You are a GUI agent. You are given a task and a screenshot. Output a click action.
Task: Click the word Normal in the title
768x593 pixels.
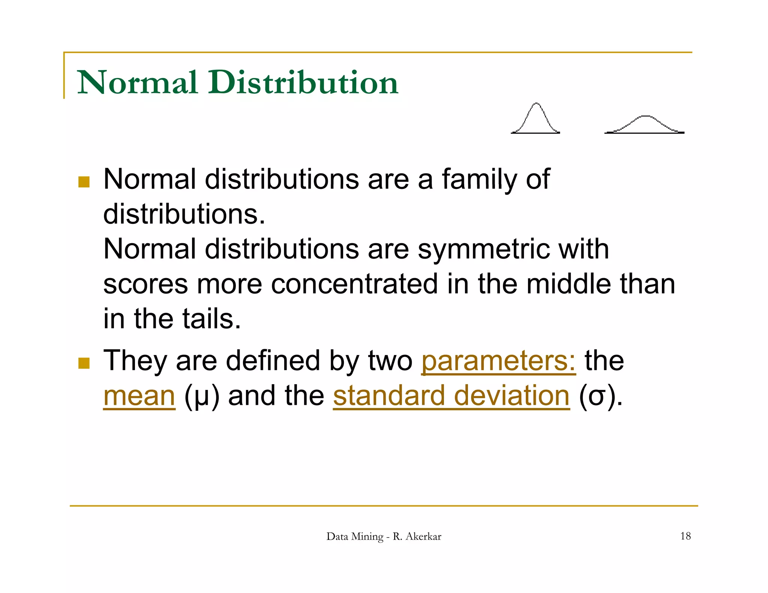pos(137,82)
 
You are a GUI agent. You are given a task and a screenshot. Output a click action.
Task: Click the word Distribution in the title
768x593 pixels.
pos(304,82)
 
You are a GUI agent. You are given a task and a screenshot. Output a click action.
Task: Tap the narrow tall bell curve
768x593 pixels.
pos(535,119)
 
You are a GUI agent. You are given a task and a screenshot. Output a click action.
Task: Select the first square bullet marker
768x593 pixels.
pos(84,182)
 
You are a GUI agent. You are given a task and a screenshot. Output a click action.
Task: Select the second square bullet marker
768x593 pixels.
pos(84,363)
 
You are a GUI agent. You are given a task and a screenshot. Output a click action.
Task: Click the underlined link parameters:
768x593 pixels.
pos(498,361)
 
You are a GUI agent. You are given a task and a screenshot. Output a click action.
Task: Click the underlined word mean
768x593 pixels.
pos(139,396)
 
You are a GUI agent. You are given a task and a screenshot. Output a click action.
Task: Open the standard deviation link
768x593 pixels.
pos(451,396)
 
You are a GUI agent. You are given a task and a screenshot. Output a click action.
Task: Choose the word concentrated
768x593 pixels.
pos(354,284)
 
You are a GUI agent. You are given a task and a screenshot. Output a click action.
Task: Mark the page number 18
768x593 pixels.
pos(685,536)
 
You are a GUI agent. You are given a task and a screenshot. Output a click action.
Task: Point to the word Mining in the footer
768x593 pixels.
pos(368,536)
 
